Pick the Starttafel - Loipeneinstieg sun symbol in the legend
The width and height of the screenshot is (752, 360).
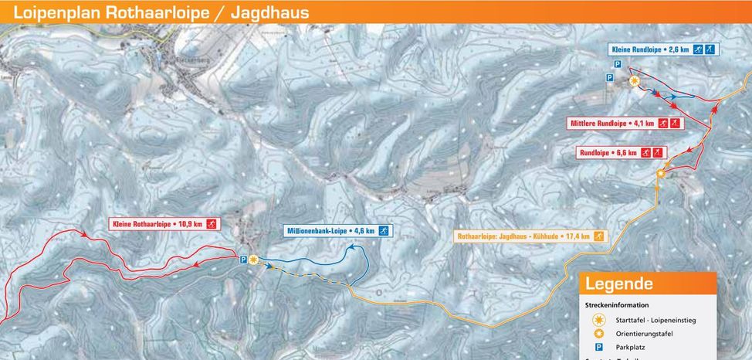(x=598, y=320)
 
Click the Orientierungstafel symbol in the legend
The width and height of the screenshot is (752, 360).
(x=598, y=334)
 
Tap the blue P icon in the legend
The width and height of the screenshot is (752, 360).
(x=598, y=348)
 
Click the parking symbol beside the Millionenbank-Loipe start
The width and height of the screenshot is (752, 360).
(x=243, y=260)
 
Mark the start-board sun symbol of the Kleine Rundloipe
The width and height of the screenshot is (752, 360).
(x=634, y=80)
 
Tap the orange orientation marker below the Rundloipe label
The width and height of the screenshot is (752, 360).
(x=660, y=175)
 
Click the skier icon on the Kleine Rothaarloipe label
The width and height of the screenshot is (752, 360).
(x=211, y=224)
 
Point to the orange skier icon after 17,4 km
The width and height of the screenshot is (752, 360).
(x=598, y=236)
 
